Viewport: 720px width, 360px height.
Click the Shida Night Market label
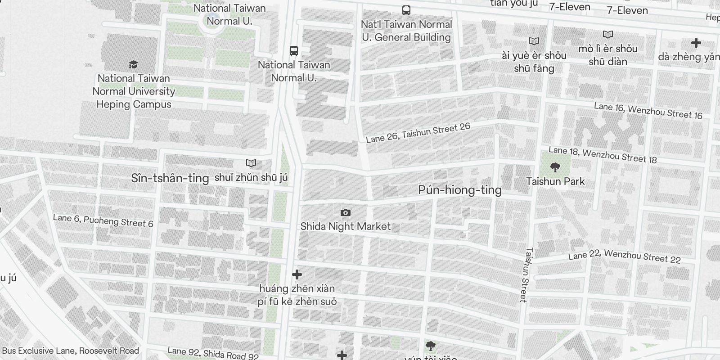coord(345,226)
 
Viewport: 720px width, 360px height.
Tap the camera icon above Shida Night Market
coord(345,212)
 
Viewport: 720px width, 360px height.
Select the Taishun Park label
coord(555,181)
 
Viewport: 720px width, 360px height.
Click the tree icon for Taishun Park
coord(555,168)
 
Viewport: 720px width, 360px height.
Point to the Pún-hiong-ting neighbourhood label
coord(459,190)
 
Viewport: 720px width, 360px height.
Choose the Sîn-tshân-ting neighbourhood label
coord(170,178)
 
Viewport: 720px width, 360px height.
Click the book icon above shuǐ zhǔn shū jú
coord(251,163)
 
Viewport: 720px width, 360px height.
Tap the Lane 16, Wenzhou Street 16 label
coord(648,111)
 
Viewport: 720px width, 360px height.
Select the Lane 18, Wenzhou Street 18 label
coord(603,154)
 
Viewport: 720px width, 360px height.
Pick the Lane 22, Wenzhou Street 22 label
coord(624,256)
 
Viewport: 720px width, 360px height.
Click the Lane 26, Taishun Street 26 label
coord(418,133)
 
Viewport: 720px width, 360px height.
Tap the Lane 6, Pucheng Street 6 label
coord(103,220)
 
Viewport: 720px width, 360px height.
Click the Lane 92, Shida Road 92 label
coord(213,353)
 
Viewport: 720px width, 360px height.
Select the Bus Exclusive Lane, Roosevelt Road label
coord(70,351)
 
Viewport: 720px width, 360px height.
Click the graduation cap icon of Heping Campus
coord(133,65)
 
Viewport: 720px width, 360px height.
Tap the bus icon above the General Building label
coord(406,10)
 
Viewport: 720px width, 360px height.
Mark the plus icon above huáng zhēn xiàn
coord(297,274)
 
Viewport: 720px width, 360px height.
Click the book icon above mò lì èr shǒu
coord(607,35)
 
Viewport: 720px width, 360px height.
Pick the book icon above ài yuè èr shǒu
coord(534,41)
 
